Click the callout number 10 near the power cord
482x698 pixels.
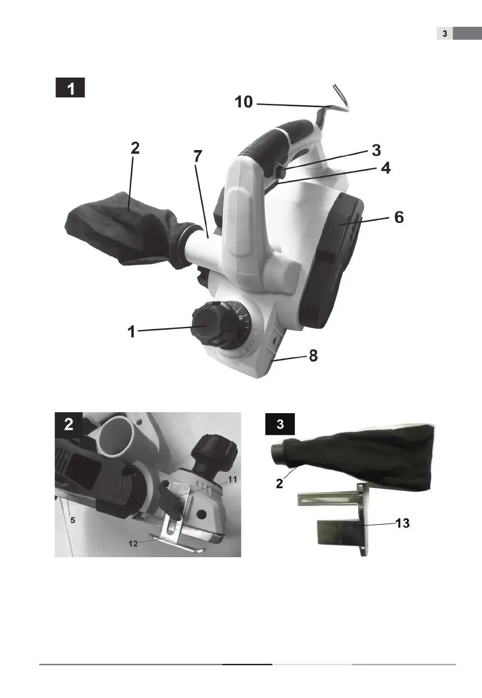pyautogui.click(x=244, y=102)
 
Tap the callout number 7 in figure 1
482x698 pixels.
pyautogui.click(x=198, y=156)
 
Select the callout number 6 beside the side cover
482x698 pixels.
pyautogui.click(x=399, y=217)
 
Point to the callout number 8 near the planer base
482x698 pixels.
pyautogui.click(x=313, y=356)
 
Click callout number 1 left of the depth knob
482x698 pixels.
pyautogui.click(x=132, y=331)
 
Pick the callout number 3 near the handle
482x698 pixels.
pyautogui.click(x=376, y=150)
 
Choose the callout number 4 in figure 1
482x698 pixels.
pyautogui.click(x=386, y=168)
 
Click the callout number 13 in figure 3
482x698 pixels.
pyautogui.click(x=403, y=523)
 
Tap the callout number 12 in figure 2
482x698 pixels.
pyautogui.click(x=133, y=543)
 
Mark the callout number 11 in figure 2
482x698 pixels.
pyautogui.click(x=232, y=479)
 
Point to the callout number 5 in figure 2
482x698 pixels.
pyautogui.click(x=72, y=520)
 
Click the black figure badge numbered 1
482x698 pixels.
pyautogui.click(x=70, y=88)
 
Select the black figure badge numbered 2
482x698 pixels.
pyautogui.click(x=69, y=424)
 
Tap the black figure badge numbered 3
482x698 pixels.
pyautogui.click(x=280, y=424)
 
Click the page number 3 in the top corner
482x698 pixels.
pyautogui.click(x=445, y=34)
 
